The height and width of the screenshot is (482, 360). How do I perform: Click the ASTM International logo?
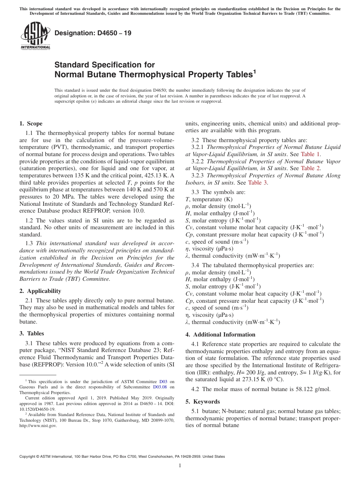point(36,36)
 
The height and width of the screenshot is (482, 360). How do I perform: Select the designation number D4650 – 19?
point(93,33)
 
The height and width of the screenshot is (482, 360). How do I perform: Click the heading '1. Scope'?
point(31,124)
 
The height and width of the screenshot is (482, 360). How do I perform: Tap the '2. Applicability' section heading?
point(40,291)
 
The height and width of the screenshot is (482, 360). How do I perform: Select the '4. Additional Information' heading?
point(220,335)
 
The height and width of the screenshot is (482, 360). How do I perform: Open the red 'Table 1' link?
point(310,154)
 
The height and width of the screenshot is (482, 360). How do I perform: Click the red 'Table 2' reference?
point(310,168)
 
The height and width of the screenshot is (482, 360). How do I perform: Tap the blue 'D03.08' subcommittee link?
point(160,387)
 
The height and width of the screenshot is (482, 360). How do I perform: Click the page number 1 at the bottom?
point(180,466)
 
